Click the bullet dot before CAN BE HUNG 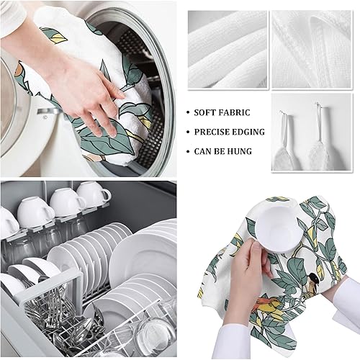coord(189,151)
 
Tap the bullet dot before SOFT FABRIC coord(189,113)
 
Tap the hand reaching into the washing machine coord(79,90)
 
